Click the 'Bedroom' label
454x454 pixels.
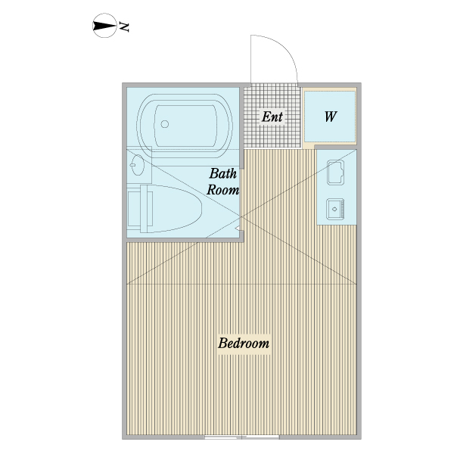click(x=244, y=344)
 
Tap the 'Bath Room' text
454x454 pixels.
click(x=223, y=182)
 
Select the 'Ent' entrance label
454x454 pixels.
click(x=272, y=117)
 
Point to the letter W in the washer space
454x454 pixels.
click(x=331, y=117)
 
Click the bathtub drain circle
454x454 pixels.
click(x=164, y=126)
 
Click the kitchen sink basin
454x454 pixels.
click(x=334, y=175)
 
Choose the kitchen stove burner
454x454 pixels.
click(x=334, y=207)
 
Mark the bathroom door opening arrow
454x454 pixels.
click(x=240, y=225)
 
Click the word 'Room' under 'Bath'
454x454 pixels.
click(x=223, y=191)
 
